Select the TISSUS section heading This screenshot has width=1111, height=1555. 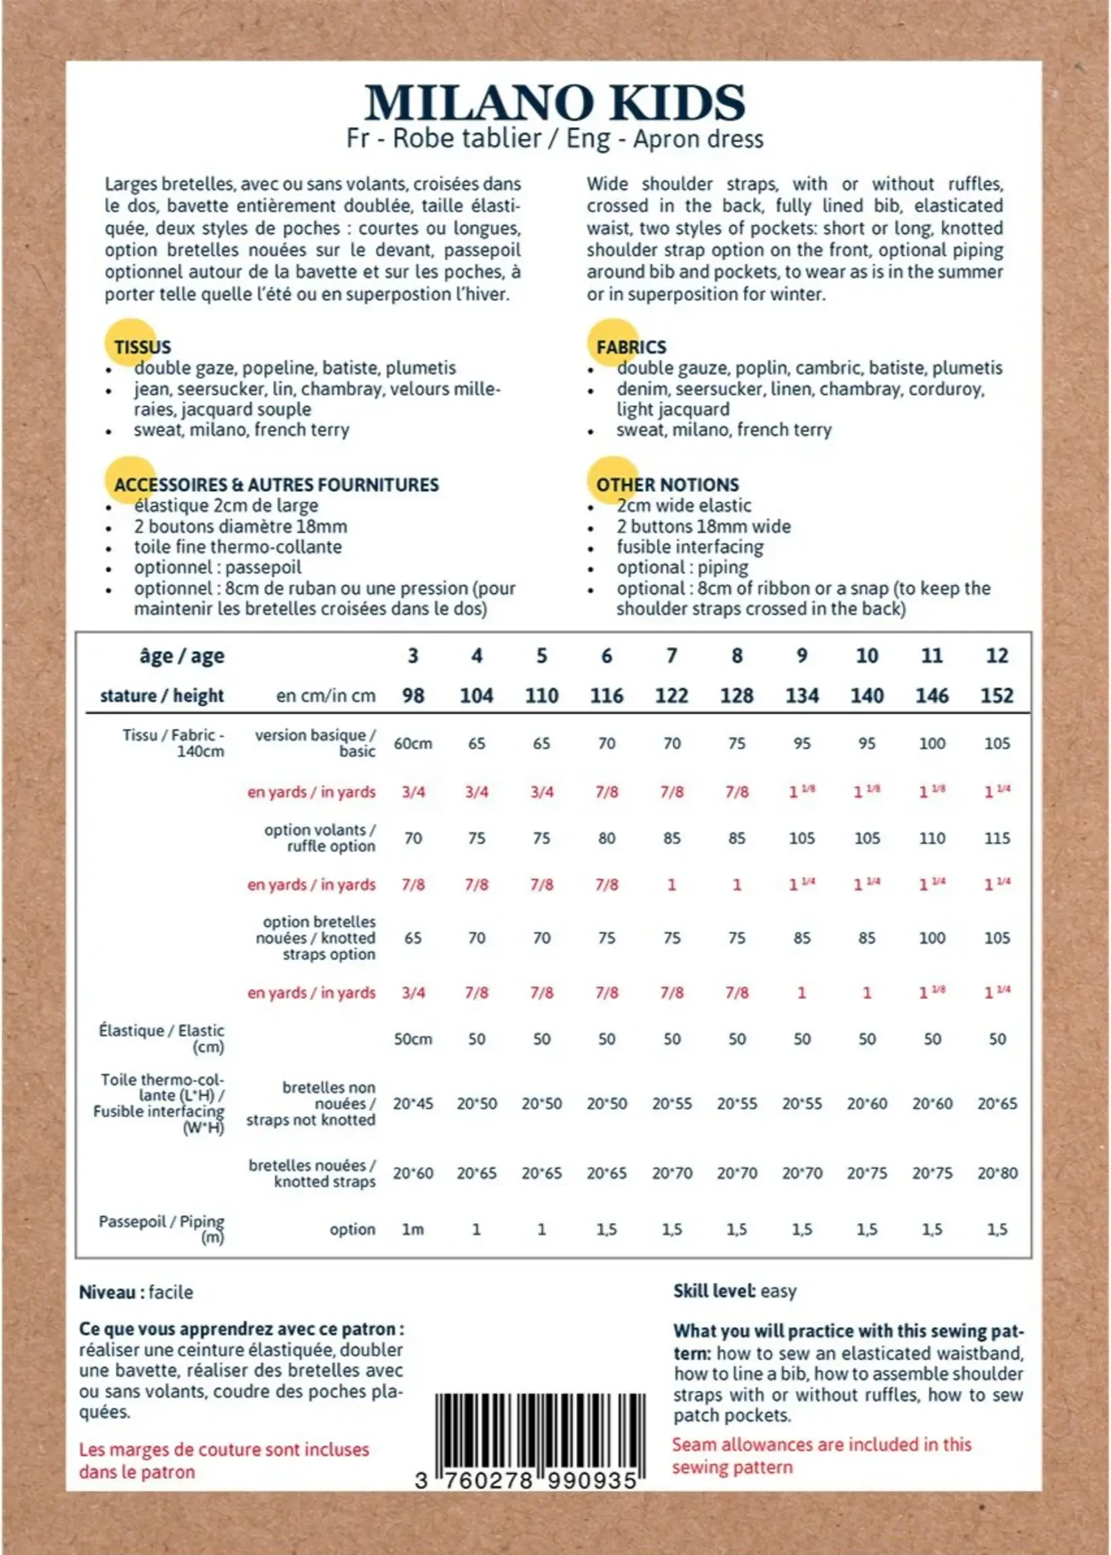tap(143, 348)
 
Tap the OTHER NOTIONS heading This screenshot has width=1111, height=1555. tap(667, 485)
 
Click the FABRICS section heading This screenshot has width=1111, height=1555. tap(631, 348)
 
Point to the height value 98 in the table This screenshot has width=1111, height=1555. tap(412, 696)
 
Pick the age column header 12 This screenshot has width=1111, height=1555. tap(997, 655)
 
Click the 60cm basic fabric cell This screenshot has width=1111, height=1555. tap(412, 744)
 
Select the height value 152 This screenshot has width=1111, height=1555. tap(997, 696)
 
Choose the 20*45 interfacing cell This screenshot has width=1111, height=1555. tap(412, 1104)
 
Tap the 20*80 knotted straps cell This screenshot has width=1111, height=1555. tap(997, 1173)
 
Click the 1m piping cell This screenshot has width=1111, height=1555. tap(412, 1230)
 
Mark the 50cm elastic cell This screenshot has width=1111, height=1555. tap(412, 1039)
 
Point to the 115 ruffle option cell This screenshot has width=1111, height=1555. tap(997, 838)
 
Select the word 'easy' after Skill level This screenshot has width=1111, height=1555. tap(778, 1291)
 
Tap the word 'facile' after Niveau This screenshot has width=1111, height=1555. tap(170, 1292)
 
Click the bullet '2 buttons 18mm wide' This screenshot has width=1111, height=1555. tap(703, 526)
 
